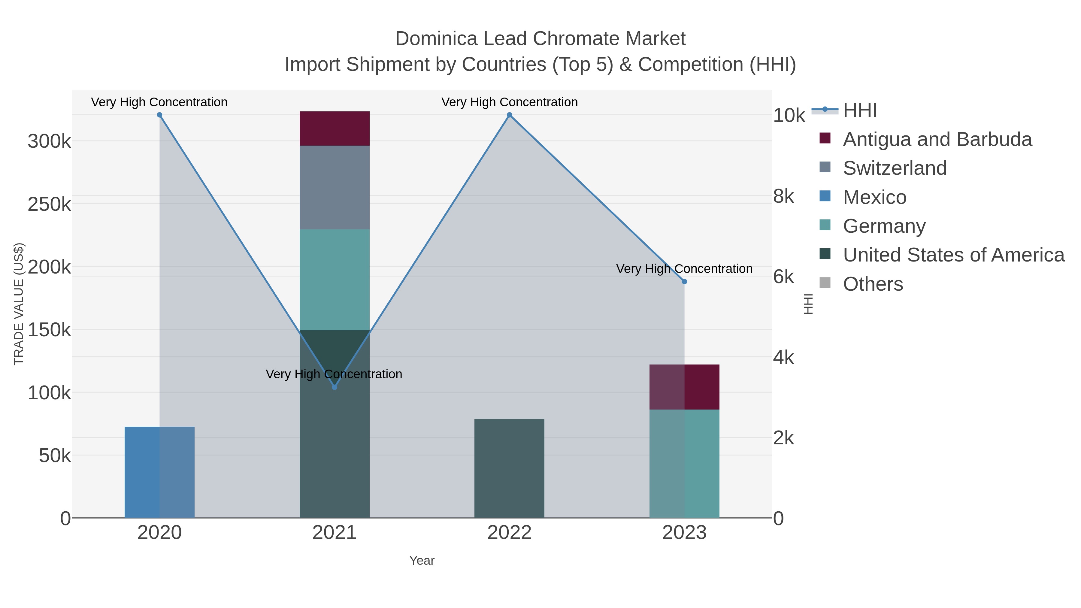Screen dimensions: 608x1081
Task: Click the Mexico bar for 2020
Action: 159,472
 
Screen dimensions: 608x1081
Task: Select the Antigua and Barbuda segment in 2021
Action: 335,129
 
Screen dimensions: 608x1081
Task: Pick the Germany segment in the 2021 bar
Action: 335,280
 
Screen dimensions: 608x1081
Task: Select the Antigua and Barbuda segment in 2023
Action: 684,387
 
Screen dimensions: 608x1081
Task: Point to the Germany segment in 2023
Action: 684,463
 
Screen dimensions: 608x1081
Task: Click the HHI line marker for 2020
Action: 159,115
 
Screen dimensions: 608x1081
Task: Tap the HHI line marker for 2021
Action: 335,387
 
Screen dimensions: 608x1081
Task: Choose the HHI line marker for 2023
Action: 684,282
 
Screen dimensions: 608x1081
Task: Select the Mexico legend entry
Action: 874,197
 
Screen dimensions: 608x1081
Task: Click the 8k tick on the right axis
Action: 783,196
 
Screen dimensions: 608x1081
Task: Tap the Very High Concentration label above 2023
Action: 684,268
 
